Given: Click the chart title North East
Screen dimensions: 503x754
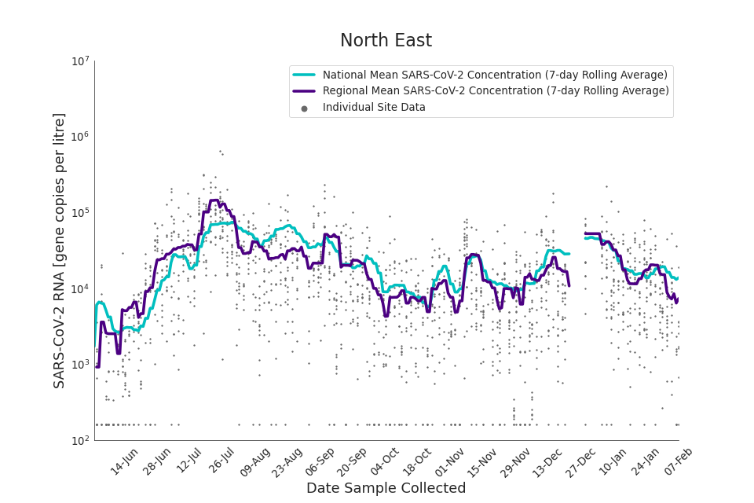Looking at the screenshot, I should coord(386,41).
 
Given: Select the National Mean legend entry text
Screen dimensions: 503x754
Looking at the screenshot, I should coord(495,75).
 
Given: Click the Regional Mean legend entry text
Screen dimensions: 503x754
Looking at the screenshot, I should coord(496,90).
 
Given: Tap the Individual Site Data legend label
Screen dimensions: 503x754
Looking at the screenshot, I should coord(374,107).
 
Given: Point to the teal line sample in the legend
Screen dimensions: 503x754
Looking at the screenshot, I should coord(304,75).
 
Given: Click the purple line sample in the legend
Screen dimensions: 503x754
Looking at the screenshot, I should coord(304,91).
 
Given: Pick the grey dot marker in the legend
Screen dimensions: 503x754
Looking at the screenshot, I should coord(304,108).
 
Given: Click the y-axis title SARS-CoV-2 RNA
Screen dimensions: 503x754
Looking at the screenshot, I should coord(60,250).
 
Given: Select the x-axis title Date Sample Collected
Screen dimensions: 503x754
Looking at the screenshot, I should coord(386,488).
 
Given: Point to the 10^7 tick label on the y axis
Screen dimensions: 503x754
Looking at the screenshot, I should coord(80,61).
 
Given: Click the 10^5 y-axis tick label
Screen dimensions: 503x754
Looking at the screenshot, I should coord(80,213).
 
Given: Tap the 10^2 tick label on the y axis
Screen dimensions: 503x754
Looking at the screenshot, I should coord(80,441).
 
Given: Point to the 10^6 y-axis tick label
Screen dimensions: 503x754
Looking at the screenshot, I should coord(80,138).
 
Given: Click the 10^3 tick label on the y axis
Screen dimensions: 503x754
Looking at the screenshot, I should coord(80,365).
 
